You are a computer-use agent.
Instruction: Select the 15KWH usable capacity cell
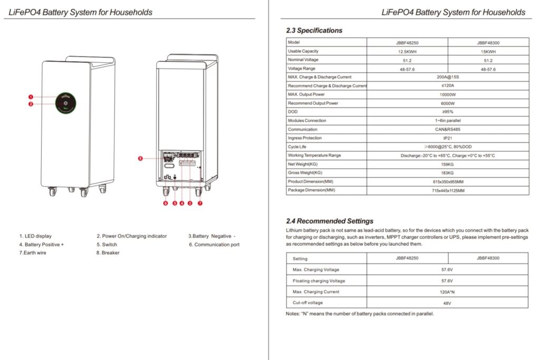pos(488,52)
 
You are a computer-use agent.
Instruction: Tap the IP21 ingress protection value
pos(447,138)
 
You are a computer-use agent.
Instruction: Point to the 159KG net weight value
pos(447,164)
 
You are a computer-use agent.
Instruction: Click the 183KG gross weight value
pos(447,173)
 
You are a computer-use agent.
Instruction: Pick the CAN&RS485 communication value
pos(447,129)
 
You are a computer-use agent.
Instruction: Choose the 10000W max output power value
pos(447,94)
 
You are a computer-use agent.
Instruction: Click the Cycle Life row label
pos(298,147)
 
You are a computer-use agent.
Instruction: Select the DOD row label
pos(293,112)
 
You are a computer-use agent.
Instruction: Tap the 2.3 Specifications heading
pos(314,31)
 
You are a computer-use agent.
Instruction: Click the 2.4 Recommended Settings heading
pos(330,221)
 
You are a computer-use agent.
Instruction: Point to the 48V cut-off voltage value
pos(447,303)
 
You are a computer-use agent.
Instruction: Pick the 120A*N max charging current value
pos(447,292)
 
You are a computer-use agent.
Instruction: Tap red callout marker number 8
pos(140,158)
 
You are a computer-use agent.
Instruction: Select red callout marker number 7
pos(200,203)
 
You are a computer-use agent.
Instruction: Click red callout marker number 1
pos(31,97)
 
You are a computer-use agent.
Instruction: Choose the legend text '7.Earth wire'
pos(32,253)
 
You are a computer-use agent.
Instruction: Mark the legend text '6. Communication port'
pos(214,245)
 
